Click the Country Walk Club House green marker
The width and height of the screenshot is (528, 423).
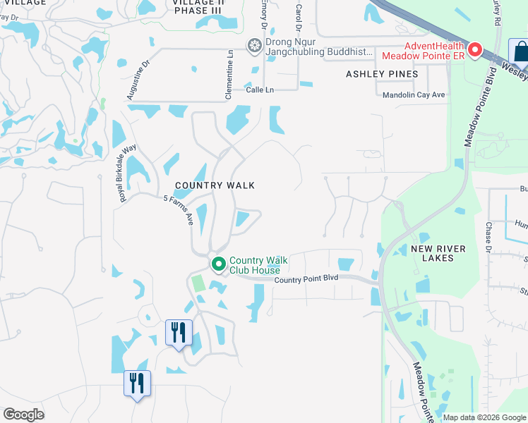[x=219, y=264]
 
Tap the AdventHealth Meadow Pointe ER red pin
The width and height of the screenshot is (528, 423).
[x=475, y=50]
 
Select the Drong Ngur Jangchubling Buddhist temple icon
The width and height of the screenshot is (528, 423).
[x=255, y=46]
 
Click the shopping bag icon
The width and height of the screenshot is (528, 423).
[x=520, y=52]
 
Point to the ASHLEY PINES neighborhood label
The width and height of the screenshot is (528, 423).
[x=382, y=74]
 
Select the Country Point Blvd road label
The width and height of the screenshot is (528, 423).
[x=306, y=278]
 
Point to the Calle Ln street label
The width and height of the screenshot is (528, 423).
[x=259, y=90]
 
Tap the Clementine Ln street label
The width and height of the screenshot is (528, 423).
[x=229, y=63]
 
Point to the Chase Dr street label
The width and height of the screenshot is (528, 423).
[x=488, y=235]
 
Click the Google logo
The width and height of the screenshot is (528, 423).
[x=24, y=415]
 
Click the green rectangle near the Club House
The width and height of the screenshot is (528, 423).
[x=198, y=284]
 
